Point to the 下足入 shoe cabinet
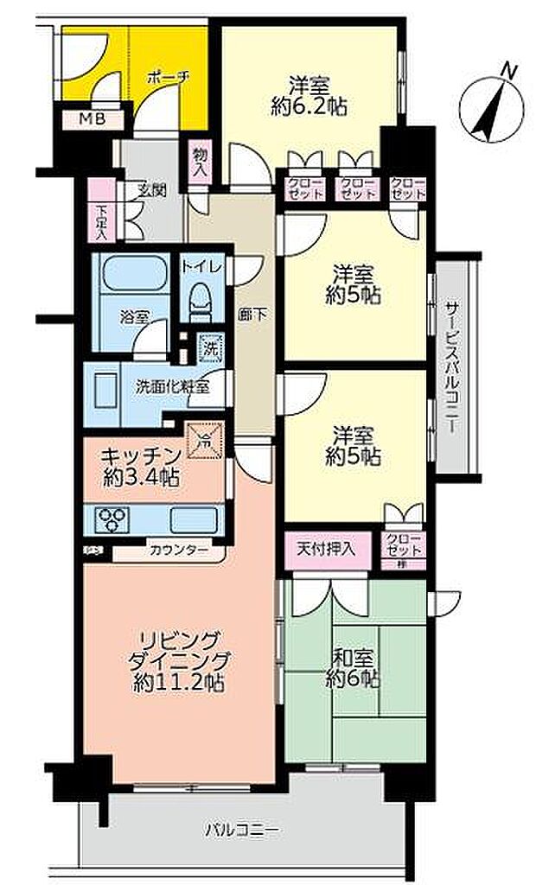(101, 222)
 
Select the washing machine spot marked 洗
(209, 350)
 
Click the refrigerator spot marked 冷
(205, 439)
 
